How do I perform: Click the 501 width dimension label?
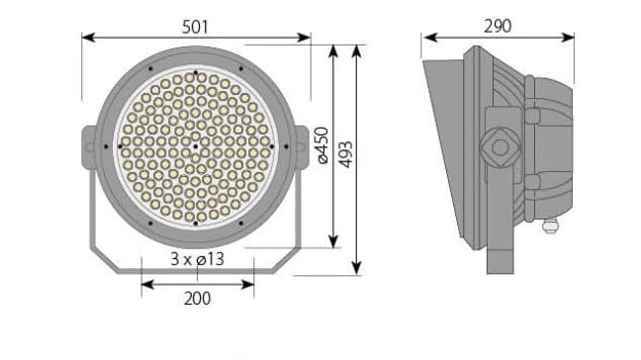[x=195, y=27]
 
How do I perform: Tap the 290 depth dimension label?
[x=498, y=26]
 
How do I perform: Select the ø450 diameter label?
[x=322, y=145]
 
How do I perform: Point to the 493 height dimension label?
[x=346, y=154]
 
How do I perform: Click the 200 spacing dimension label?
[x=198, y=299]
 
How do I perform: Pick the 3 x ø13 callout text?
[x=198, y=259]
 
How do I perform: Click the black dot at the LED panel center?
[x=196, y=146]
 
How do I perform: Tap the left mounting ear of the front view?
[x=89, y=147]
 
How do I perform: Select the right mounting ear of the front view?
[x=302, y=147]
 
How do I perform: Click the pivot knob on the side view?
[x=500, y=147]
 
